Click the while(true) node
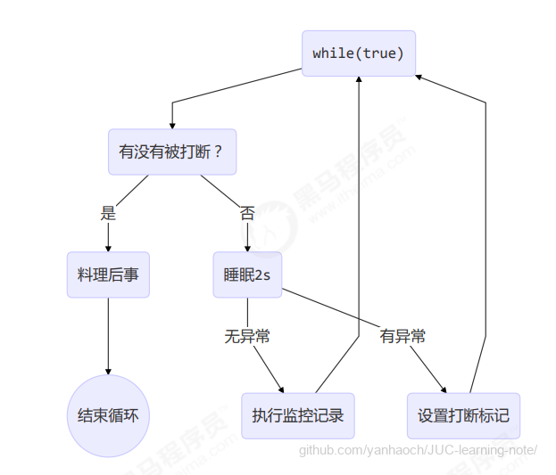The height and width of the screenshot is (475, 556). pyautogui.click(x=358, y=53)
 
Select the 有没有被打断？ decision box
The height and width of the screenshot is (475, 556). pyautogui.click(x=171, y=152)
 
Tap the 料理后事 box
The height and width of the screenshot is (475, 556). pyautogui.click(x=108, y=275)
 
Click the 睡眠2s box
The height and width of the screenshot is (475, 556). pyautogui.click(x=247, y=275)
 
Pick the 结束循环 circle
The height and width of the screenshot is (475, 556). pyautogui.click(x=108, y=416)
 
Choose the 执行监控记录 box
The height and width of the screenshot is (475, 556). pyautogui.click(x=297, y=416)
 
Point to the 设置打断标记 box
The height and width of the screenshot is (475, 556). pyautogui.click(x=463, y=416)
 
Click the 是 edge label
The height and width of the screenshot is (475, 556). pyautogui.click(x=108, y=214)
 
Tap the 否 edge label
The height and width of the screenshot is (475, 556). pyautogui.click(x=247, y=214)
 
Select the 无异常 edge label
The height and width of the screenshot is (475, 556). pyautogui.click(x=247, y=337)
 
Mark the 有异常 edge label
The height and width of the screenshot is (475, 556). pyautogui.click(x=402, y=337)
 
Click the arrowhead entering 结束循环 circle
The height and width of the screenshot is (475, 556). pyautogui.click(x=108, y=372)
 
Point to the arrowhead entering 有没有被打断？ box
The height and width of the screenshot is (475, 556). pyautogui.click(x=171, y=126)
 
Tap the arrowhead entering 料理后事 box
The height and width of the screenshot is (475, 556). pyautogui.click(x=108, y=250)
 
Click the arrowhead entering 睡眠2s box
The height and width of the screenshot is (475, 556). pyautogui.click(x=247, y=250)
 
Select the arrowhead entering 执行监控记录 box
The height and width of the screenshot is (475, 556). pyautogui.click(x=282, y=389)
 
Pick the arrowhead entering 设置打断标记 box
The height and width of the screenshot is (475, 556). pyautogui.click(x=444, y=389)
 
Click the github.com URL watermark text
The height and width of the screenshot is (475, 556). pyautogui.click(x=418, y=450)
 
